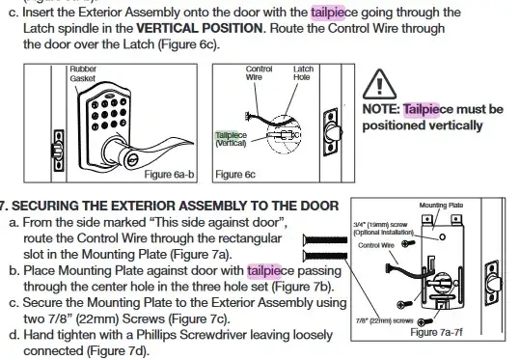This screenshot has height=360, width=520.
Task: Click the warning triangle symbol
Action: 379,84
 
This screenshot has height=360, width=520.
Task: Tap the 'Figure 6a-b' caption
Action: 169,174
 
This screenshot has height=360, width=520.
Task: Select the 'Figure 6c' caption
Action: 235,174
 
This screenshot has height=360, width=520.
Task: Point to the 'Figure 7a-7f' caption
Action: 436,332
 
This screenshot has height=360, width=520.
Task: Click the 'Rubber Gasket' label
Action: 83,73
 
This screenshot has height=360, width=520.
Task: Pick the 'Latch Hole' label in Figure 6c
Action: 303,73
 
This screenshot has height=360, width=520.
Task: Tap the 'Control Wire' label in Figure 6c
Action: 259,73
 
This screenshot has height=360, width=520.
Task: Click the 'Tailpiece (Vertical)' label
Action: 231,139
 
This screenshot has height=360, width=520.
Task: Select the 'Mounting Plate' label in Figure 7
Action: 441,206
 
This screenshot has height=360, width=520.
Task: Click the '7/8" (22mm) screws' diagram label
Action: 385,320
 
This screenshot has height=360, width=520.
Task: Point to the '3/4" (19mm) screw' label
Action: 380,225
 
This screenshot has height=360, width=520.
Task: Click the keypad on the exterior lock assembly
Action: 109,114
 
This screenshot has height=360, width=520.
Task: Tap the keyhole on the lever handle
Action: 131,160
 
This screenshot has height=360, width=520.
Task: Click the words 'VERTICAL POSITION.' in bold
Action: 202,28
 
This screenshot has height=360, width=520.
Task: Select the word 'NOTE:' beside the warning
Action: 381,109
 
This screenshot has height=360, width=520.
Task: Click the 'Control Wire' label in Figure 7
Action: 376,245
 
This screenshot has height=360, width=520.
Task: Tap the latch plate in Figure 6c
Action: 331,131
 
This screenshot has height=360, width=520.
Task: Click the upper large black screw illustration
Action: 325,239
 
